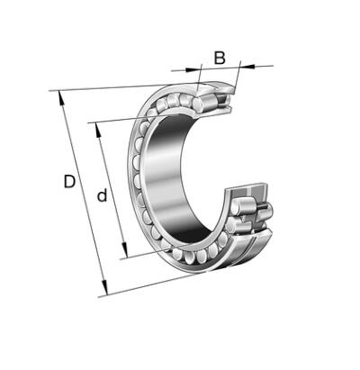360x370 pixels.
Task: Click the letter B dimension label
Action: point(220,58)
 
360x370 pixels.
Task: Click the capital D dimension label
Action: point(69,182)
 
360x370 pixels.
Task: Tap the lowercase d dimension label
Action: point(102,195)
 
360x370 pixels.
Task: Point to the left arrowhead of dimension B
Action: point(193,69)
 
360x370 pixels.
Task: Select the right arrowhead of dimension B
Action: point(247,66)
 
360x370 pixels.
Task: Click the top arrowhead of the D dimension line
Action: point(61,97)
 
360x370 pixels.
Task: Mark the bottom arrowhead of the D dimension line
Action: point(104,287)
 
